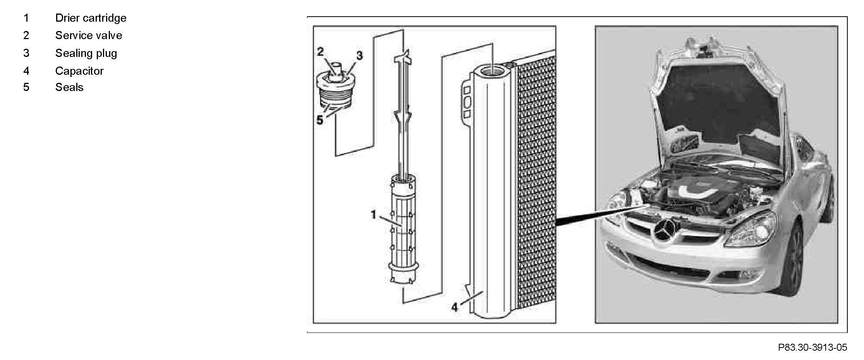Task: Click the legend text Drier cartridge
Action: (91, 18)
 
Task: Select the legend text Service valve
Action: (88, 36)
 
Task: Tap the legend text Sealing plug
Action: (86, 53)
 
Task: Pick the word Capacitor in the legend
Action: (79, 71)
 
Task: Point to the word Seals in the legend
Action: (69, 87)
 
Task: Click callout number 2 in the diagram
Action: (321, 51)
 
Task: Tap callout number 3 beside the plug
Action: (360, 56)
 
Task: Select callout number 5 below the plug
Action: (320, 120)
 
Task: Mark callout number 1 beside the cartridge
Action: (374, 214)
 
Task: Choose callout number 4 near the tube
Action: (454, 307)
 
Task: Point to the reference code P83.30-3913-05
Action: (813, 348)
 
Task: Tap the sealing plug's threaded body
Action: (336, 97)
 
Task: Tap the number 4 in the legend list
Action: (26, 71)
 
